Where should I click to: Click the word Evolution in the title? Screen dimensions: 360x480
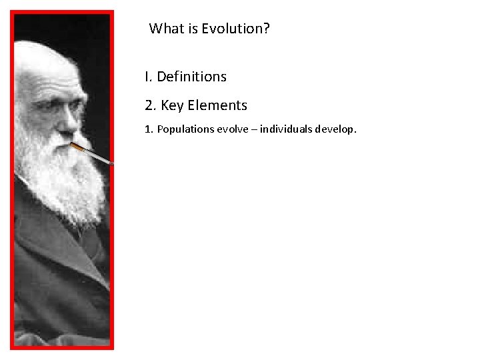click(x=232, y=29)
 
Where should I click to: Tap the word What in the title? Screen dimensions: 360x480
click(x=164, y=29)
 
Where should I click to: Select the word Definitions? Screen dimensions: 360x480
click(x=191, y=77)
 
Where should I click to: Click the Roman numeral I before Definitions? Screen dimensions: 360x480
click(x=147, y=77)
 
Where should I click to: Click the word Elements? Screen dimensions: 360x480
click(x=217, y=105)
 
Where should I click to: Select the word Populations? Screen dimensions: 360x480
click(x=185, y=129)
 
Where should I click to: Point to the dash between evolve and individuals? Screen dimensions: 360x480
click(x=254, y=129)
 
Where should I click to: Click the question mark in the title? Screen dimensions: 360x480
click(x=267, y=29)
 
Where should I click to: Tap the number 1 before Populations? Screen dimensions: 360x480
click(x=147, y=129)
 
